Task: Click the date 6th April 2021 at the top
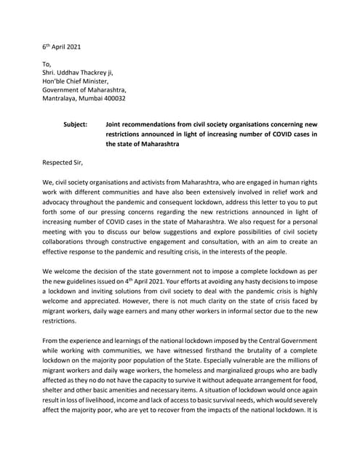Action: (62, 46)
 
